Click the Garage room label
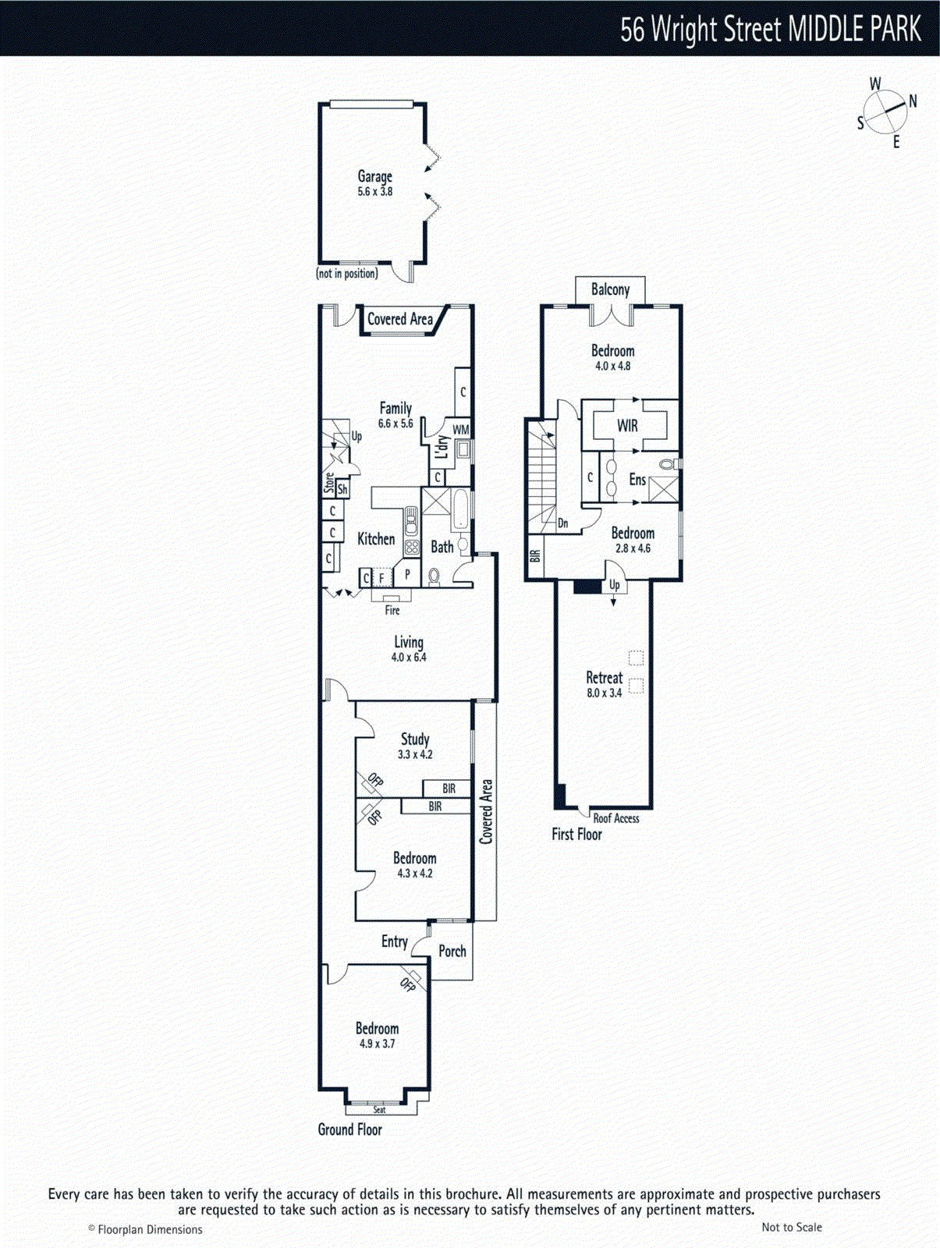coord(374,177)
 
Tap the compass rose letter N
coord(913,101)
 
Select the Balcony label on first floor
coord(610,289)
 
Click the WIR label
coord(627,426)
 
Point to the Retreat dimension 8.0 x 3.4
coord(604,693)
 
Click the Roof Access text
coord(615,818)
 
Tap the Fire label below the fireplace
coord(392,610)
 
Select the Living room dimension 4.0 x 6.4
coord(409,658)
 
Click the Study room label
coord(415,739)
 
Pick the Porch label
coord(452,951)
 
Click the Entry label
coord(394,941)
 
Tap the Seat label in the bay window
coord(379,1109)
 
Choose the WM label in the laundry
coord(460,430)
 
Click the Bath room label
coord(442,547)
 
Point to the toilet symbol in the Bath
coord(435,577)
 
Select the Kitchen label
coord(376,539)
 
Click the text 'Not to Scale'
coord(791,1227)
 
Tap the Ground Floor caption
coord(349,1129)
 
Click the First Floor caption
coord(576,835)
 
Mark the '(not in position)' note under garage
coord(347,274)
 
